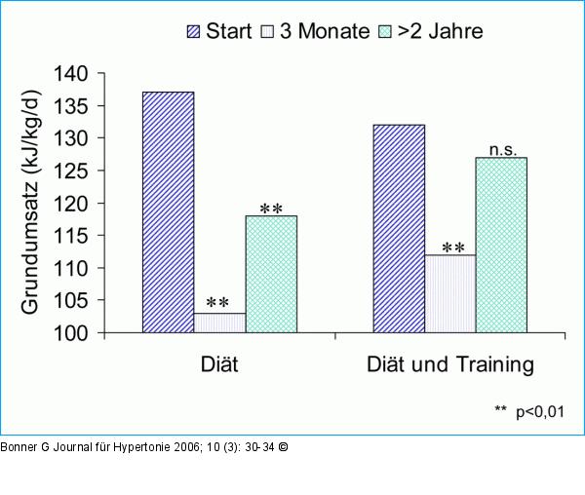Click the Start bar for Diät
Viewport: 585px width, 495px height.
(168, 212)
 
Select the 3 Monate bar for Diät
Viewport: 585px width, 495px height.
(219, 323)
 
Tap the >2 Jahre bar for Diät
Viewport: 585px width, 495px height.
(271, 274)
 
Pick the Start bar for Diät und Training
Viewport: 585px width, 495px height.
(399, 229)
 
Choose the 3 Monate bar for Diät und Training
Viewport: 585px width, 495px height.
(450, 293)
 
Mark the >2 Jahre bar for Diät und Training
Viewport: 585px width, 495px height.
(501, 245)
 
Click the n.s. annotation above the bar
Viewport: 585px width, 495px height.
(502, 149)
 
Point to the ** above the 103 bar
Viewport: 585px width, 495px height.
(219, 302)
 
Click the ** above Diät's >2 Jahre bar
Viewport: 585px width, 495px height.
(271, 208)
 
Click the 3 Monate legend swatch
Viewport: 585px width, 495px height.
(266, 31)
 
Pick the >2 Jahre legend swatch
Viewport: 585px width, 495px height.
(386, 31)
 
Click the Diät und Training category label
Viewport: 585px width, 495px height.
(450, 365)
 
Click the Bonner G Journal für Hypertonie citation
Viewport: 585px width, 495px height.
(144, 447)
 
